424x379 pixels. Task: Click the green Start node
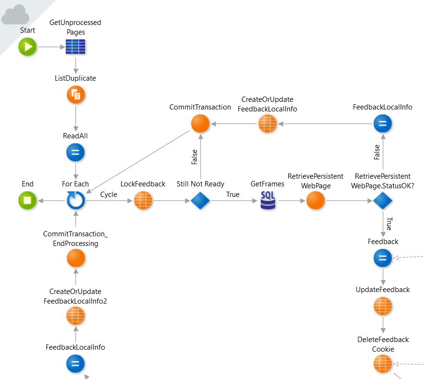(x=27, y=47)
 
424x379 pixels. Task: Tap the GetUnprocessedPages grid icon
(x=75, y=47)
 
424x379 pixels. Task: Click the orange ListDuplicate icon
(x=75, y=95)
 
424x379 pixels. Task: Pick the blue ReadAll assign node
(x=75, y=153)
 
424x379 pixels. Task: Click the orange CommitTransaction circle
(x=200, y=124)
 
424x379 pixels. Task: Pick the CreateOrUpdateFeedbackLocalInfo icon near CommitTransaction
(x=267, y=124)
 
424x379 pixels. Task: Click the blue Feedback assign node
(x=383, y=258)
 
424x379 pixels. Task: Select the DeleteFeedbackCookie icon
(x=383, y=364)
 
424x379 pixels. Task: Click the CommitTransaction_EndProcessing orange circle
(x=75, y=258)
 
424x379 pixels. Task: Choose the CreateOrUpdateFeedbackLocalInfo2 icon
(x=75, y=316)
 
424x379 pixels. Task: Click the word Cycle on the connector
(x=109, y=195)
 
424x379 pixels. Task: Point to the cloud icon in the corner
(x=14, y=15)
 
